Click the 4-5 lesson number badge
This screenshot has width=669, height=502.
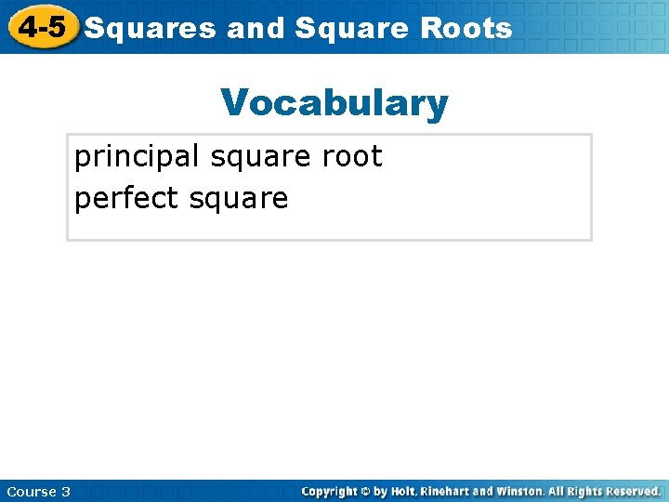pos(42,27)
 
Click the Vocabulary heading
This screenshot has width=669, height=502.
pos(334,103)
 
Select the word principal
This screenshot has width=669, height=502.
pos(138,157)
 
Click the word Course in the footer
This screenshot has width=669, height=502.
pos(29,491)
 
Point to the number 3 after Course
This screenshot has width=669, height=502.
pos(65,491)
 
